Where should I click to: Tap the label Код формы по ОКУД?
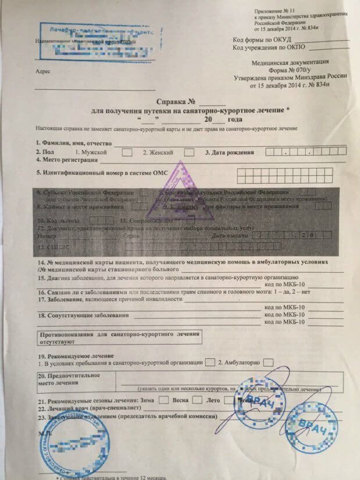(x=259, y=40)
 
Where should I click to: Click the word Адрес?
(x=42, y=71)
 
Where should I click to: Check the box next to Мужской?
(x=126, y=152)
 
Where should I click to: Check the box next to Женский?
(x=188, y=152)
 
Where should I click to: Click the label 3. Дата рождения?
(x=230, y=153)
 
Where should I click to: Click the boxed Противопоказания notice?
(x=119, y=338)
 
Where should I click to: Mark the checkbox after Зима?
(x=164, y=400)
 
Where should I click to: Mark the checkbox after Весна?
(x=198, y=400)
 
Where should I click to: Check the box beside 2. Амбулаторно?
(x=268, y=363)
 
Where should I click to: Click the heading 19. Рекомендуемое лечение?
(x=74, y=355)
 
